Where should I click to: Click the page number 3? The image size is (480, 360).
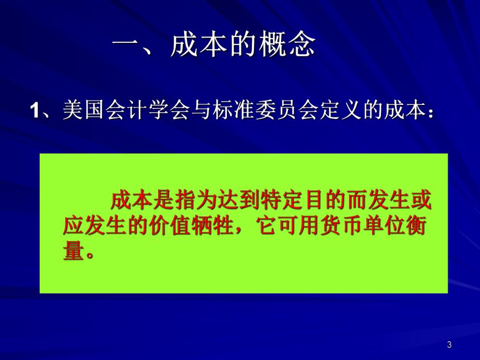(x=450, y=344)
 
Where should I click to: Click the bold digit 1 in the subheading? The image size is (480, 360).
(x=36, y=112)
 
